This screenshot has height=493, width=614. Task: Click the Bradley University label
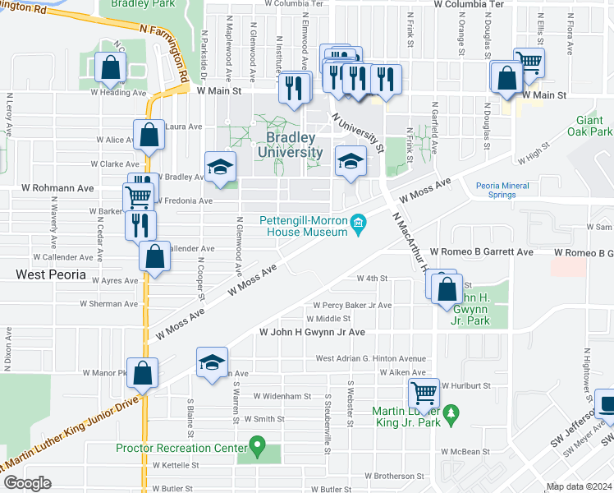pyautogui.click(x=290, y=145)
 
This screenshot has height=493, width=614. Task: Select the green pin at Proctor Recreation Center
pyautogui.click(x=257, y=448)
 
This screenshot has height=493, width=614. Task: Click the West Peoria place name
pyautogui.click(x=51, y=274)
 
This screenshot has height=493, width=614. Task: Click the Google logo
pyautogui.click(x=27, y=483)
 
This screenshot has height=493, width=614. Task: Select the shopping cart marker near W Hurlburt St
pyautogui.click(x=424, y=393)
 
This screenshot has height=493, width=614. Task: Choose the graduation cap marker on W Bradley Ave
pyautogui.click(x=220, y=166)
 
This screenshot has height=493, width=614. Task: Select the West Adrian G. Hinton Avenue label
pyautogui.click(x=371, y=358)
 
